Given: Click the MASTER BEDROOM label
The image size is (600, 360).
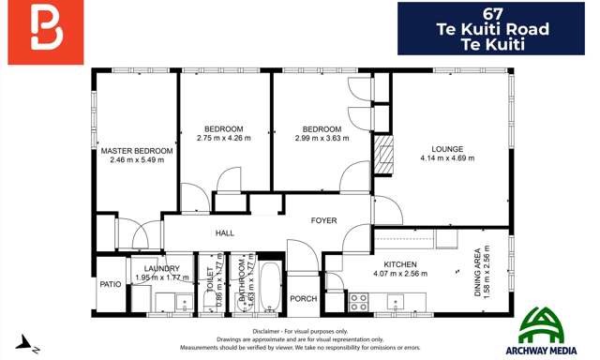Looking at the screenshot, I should (137, 150).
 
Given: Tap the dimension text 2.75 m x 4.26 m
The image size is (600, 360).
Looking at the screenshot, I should (224, 138).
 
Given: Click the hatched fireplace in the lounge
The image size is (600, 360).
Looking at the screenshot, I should (382, 149).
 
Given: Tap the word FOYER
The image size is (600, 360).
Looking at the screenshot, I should (324, 220).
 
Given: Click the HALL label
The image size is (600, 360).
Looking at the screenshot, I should (224, 232).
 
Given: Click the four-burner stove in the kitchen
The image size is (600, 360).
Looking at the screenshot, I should (358, 301).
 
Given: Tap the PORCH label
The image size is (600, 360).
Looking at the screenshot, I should (303, 299).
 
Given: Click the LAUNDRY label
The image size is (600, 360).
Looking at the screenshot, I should (156, 267).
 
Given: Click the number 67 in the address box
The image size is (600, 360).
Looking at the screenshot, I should (497, 12).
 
